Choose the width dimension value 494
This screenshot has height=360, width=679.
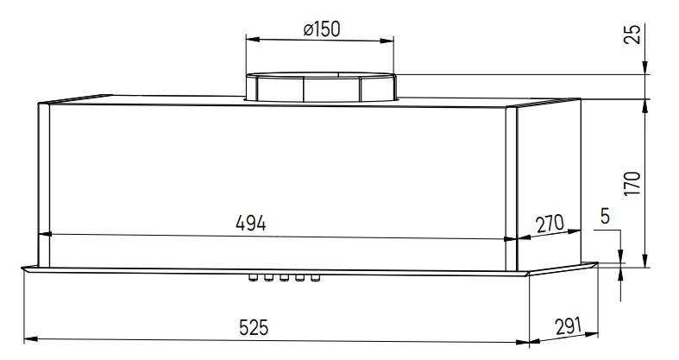point(251,222)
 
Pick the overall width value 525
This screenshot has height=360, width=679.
point(254,327)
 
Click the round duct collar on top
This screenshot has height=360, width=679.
point(320,88)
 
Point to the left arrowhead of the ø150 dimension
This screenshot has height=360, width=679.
point(251,39)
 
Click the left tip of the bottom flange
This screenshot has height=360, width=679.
point(22,268)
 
